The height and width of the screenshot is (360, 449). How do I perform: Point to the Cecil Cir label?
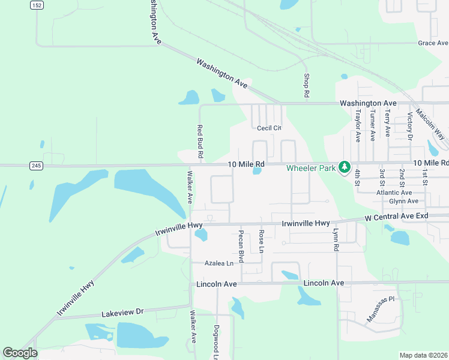click(x=269, y=128)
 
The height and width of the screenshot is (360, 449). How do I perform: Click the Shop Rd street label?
click(x=306, y=86)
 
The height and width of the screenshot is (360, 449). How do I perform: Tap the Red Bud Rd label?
click(x=199, y=142)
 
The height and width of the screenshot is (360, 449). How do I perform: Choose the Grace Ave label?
click(x=433, y=43)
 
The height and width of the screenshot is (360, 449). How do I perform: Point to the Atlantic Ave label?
click(x=394, y=193)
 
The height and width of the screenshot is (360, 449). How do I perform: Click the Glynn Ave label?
click(x=403, y=201)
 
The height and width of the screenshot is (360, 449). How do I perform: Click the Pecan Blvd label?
click(x=241, y=246)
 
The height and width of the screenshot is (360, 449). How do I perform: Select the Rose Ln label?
click(x=261, y=241)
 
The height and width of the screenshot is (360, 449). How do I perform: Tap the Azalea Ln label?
click(x=218, y=263)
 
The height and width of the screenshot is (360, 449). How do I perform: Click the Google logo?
click(x=20, y=353)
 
